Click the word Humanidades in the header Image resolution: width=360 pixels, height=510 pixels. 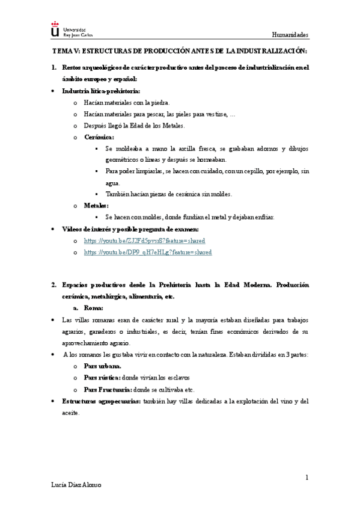290,35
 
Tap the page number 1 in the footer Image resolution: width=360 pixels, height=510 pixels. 307,478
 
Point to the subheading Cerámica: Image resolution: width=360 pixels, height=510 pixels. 99,137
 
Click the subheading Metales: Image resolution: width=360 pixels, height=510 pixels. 96,206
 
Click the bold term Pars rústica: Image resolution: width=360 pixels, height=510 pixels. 102,377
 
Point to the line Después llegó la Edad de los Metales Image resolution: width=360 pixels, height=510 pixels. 135,126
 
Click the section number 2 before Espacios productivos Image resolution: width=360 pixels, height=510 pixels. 53,284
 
